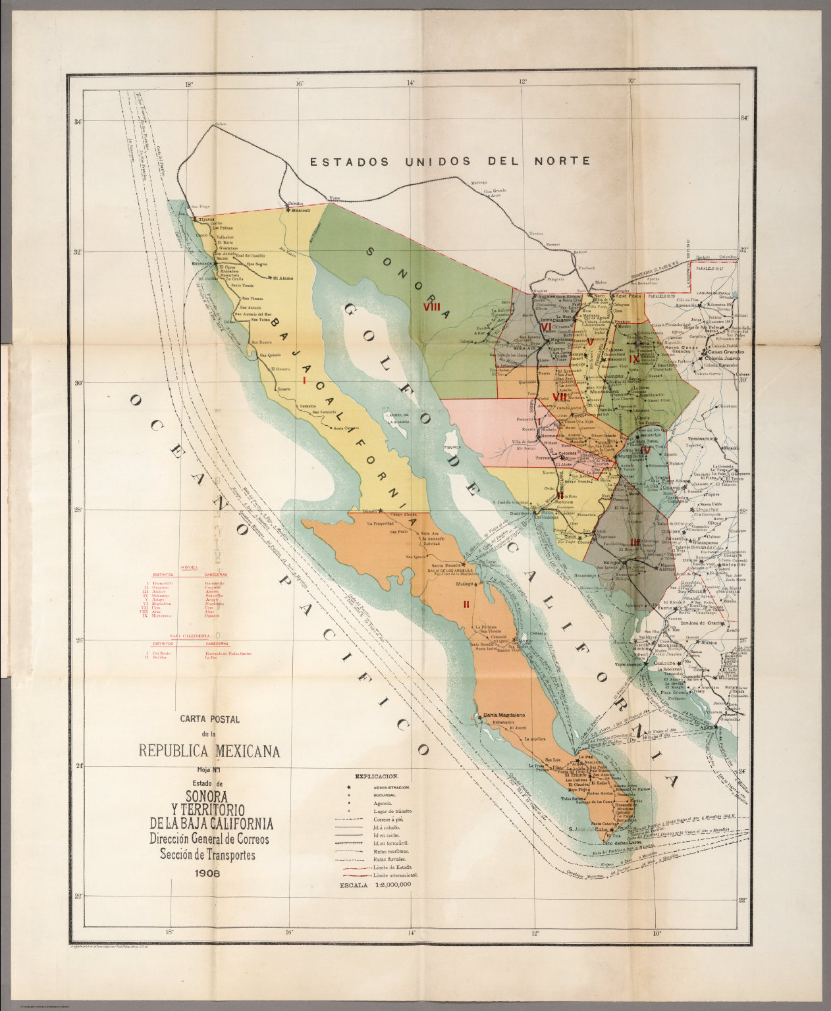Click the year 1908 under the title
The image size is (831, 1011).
click(x=208, y=875)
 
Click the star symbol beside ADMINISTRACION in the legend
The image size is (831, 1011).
click(x=348, y=787)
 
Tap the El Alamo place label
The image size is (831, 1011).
click(x=283, y=278)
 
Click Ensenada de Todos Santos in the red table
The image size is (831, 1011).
click(x=228, y=653)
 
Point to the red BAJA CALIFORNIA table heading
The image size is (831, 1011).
click(x=190, y=636)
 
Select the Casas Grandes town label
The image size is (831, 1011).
click(x=726, y=352)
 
